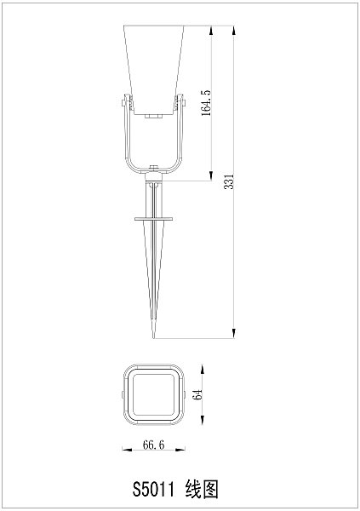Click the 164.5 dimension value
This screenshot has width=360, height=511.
point(206,103)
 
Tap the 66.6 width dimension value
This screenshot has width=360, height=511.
point(153,445)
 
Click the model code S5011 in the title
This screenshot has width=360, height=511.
point(153,489)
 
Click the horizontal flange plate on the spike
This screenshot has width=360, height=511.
point(153,220)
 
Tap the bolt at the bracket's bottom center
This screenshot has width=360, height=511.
point(153,169)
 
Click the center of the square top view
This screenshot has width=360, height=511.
point(153,395)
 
